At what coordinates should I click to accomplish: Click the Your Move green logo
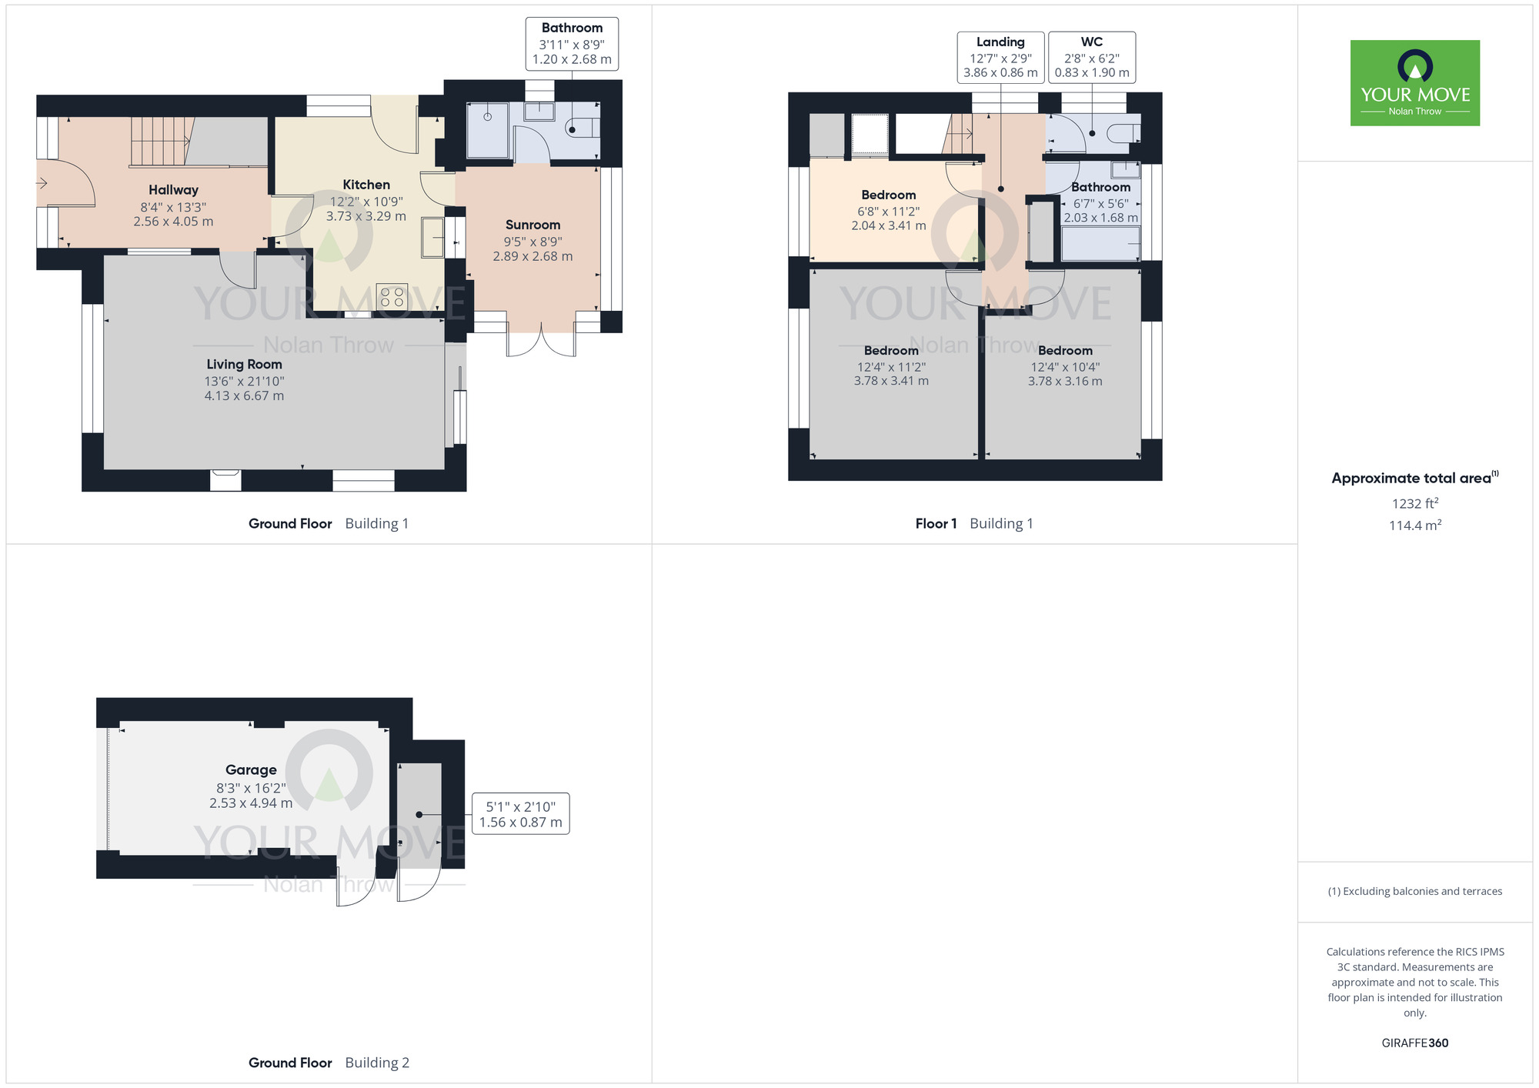pos(1414,83)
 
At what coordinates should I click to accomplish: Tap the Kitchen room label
pos(366,185)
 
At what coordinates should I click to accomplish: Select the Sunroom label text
pos(532,225)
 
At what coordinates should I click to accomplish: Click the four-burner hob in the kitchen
pos(392,297)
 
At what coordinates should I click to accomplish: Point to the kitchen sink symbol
pos(432,238)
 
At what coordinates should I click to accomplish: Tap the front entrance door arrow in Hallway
pos(42,183)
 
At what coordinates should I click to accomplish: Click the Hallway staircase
pos(160,142)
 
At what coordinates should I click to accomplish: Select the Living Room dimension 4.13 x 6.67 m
pos(244,396)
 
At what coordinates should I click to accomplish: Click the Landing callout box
pos(1000,58)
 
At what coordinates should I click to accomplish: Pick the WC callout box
pos(1092,58)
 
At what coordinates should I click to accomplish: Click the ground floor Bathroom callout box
pos(572,44)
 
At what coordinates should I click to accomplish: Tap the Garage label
pos(251,769)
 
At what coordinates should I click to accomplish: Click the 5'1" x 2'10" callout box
pos(520,814)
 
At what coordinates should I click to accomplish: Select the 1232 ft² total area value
pos(1414,504)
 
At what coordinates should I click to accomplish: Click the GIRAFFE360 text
pos(1414,1043)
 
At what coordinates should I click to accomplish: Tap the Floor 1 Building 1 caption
pos(974,524)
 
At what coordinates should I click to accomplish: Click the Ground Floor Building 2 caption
pos(329,1063)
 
